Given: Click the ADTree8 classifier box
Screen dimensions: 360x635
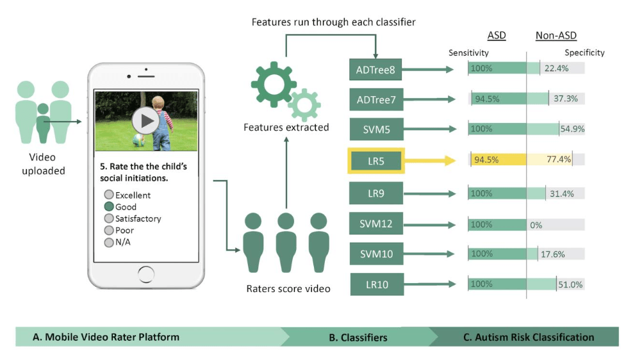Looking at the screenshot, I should click(x=375, y=69).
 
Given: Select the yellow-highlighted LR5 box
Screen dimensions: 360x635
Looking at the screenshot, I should click(x=375, y=161).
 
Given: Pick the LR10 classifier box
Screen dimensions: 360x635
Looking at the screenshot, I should click(x=375, y=284).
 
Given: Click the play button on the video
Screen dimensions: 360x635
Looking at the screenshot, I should click(x=145, y=120).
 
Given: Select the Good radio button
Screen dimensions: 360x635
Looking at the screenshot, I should click(x=109, y=207).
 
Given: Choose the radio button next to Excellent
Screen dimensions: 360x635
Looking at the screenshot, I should click(x=109, y=195).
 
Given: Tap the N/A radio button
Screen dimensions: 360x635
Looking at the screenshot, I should click(x=109, y=242).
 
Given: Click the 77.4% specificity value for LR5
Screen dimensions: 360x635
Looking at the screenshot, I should click(x=558, y=160).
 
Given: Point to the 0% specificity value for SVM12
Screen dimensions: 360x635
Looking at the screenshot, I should click(x=536, y=225).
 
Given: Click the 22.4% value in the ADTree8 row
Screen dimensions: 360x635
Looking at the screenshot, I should click(x=556, y=69).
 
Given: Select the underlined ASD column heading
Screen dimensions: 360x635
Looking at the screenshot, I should click(x=497, y=36).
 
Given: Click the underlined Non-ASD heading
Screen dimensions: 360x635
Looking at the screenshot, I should click(x=556, y=36).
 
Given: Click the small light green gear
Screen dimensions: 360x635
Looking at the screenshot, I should click(x=304, y=104).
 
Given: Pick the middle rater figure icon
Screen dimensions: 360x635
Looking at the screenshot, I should click(x=285, y=243).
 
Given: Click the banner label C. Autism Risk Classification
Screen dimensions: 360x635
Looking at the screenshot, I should click(x=529, y=337).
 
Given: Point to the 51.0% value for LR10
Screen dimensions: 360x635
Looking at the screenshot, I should click(x=570, y=284).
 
